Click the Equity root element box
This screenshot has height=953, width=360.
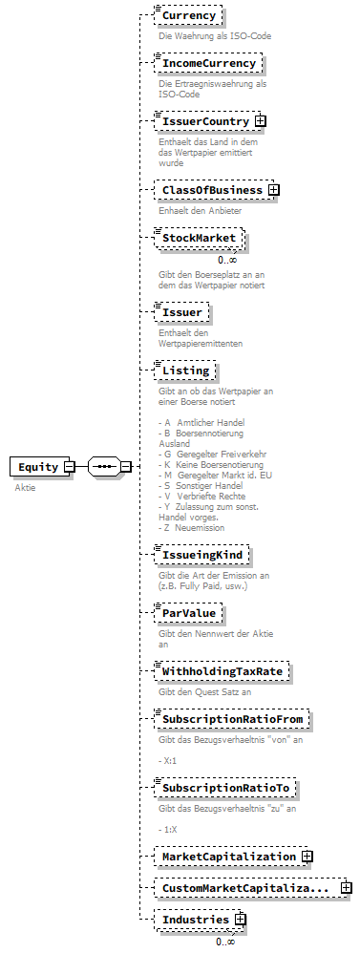(37, 467)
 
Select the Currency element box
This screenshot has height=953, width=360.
(188, 16)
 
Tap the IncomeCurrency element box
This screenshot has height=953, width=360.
(208, 64)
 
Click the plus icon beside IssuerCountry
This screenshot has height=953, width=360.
(260, 122)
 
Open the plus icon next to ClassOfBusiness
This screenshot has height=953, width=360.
(273, 190)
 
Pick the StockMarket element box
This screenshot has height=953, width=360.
(199, 238)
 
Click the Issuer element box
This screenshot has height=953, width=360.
(181, 312)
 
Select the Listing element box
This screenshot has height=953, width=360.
(185, 371)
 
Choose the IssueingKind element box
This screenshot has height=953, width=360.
(203, 554)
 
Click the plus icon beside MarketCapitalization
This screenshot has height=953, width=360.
(307, 857)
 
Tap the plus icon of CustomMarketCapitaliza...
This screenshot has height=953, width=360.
(346, 888)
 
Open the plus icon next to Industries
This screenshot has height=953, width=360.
(240, 920)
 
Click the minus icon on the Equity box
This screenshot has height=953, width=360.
(69, 467)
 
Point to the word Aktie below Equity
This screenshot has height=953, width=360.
(25, 487)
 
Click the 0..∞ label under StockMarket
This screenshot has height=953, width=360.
(226, 260)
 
